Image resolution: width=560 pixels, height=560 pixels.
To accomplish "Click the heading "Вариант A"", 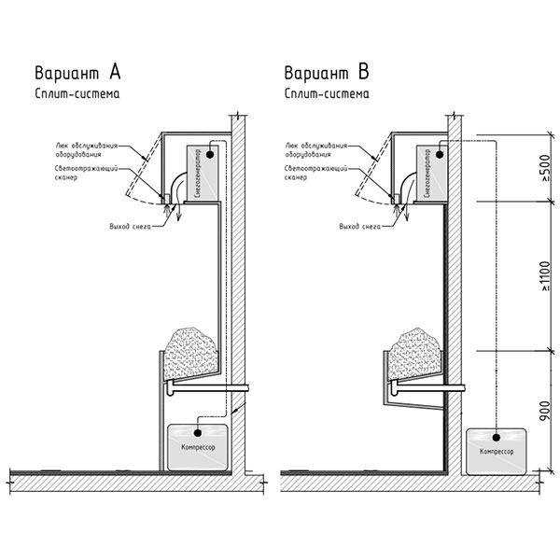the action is (77, 72).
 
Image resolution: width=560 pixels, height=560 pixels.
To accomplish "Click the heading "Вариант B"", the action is (327, 72).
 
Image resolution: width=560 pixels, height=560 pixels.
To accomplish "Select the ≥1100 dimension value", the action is (545, 277).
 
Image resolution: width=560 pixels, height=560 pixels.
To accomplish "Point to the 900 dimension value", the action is (545, 411).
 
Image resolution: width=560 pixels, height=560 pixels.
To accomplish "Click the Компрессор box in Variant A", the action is (198, 447).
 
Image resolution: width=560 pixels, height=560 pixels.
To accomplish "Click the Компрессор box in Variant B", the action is (497, 452).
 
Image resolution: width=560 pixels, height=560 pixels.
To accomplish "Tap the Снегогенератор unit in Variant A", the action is (203, 173).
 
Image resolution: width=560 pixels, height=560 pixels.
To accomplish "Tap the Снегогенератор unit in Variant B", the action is (432, 173).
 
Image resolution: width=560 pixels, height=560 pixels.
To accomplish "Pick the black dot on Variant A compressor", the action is (197, 433).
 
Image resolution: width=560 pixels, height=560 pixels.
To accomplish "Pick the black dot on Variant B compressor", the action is (496, 438).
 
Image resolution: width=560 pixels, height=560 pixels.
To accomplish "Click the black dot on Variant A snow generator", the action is (210, 155).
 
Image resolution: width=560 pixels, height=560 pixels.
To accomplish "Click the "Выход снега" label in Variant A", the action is (131, 227).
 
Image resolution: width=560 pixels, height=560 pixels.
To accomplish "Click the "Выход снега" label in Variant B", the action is (360, 227).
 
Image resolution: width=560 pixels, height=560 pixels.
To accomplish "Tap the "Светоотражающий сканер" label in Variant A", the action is (86, 173).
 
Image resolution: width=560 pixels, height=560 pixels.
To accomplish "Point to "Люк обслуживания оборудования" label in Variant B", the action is (316, 150).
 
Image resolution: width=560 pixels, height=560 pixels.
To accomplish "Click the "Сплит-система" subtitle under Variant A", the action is (77, 93).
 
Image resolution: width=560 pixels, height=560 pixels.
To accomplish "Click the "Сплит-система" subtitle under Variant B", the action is (327, 93).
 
